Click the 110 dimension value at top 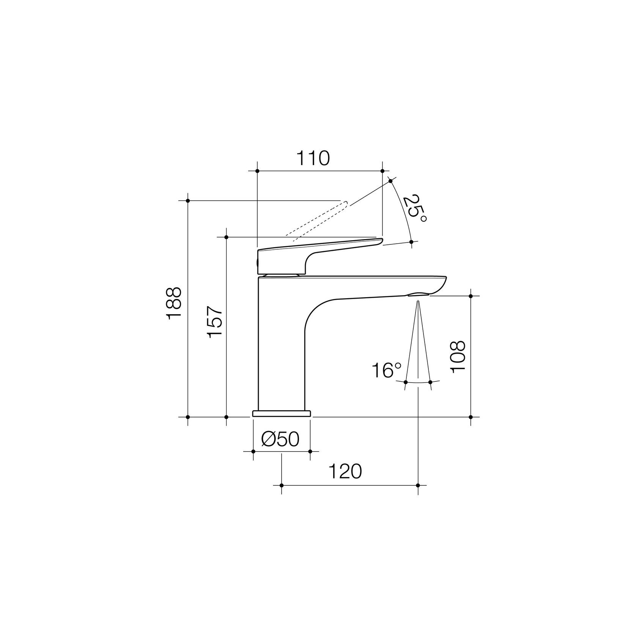[x=313, y=159]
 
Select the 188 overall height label [x=174, y=304]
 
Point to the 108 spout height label [x=458, y=357]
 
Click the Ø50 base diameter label [x=280, y=439]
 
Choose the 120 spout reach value [x=345, y=472]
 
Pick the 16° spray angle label [x=386, y=370]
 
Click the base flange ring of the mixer [x=281, y=413]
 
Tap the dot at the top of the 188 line [x=188, y=200]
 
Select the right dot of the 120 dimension [x=418, y=485]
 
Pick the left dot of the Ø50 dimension [x=253, y=451]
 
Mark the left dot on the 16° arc [x=406, y=382]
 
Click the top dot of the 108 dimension [x=471, y=296]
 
